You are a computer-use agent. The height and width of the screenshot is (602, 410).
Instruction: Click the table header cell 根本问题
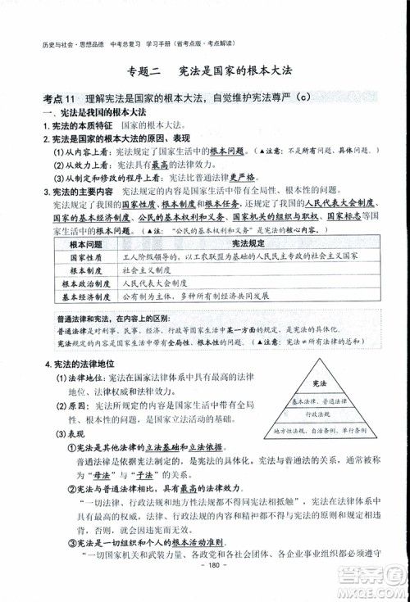point(85,244)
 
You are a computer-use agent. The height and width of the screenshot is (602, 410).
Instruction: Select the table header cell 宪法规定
point(248,244)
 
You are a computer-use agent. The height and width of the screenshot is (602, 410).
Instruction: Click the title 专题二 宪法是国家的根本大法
point(204,72)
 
